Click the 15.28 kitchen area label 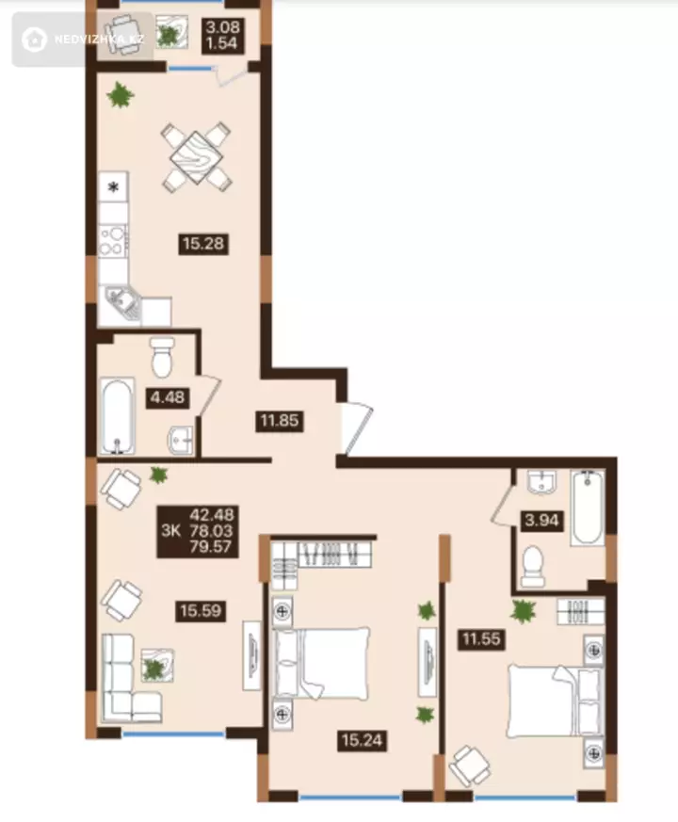(203, 244)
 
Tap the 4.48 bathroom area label (168, 397)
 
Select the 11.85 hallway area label (280, 421)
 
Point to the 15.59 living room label (201, 611)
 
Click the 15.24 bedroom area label (362, 741)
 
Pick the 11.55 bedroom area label (481, 639)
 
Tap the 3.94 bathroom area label (542, 521)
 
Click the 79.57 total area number (211, 547)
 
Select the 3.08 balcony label (222, 26)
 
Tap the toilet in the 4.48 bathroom (162, 357)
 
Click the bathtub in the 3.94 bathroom (588, 508)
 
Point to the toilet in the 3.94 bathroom (533, 567)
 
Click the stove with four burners (113, 241)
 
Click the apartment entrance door (357, 428)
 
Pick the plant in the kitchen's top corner (121, 95)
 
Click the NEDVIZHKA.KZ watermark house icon (34, 40)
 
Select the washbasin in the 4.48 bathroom (181, 440)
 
